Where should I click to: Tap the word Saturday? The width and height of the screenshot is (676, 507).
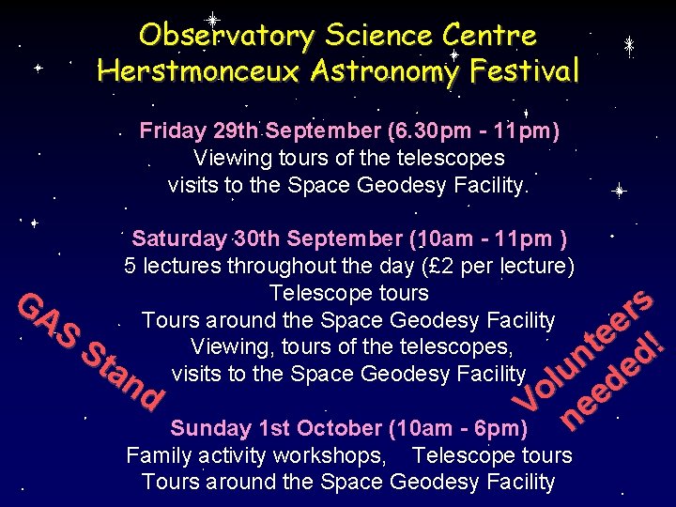point(179,238)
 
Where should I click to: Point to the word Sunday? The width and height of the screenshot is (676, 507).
point(210,429)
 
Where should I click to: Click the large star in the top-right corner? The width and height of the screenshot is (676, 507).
point(630,44)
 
